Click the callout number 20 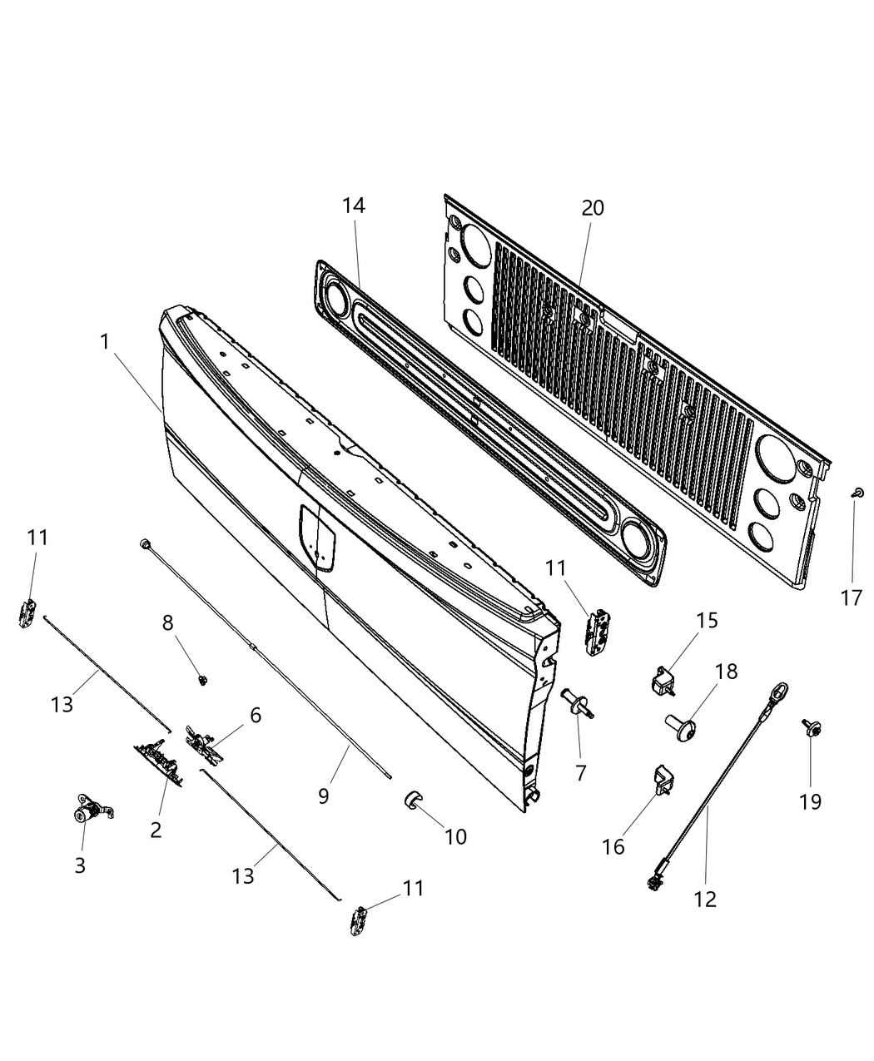593,208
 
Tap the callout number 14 354,206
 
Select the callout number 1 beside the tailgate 105,341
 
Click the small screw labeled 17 857,492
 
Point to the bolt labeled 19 811,728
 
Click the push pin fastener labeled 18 680,727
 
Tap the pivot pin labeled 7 577,704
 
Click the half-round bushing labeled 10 412,800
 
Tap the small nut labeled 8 203,679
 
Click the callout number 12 705,899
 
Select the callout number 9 323,796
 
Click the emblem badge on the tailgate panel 317,538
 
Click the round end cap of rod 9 144,543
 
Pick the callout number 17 852,597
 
